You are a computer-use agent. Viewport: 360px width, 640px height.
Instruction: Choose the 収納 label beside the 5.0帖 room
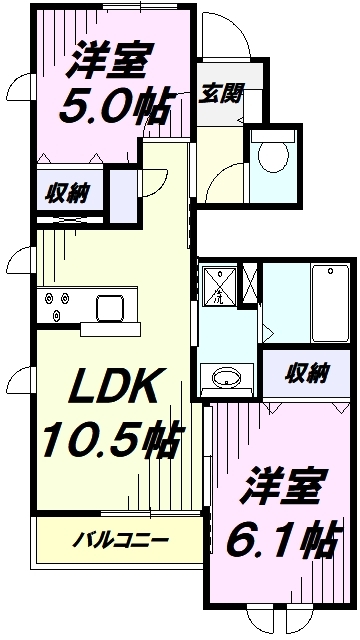pyautogui.click(x=64, y=190)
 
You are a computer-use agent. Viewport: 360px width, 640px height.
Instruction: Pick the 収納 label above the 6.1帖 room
pyautogui.click(x=306, y=375)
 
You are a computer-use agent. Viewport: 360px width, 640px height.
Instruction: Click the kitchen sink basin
pyautogui.click(x=109, y=306)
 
